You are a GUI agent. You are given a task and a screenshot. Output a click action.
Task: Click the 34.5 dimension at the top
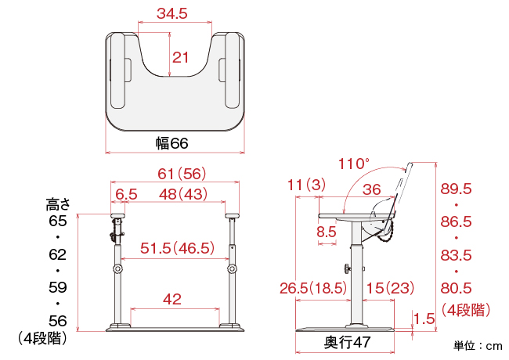[x=172, y=13]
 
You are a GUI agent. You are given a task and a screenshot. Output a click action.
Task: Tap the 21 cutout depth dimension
[x=180, y=58]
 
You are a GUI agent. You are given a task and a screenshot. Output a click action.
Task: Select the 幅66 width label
[x=171, y=143]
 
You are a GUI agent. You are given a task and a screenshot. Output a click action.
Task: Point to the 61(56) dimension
[x=182, y=174]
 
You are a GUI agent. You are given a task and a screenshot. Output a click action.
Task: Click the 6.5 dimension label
[x=126, y=194]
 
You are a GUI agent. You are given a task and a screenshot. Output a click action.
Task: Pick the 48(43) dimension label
[x=183, y=194]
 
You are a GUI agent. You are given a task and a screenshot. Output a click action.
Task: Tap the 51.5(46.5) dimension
[x=177, y=248]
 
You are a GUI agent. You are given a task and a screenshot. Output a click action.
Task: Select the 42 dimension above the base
[x=172, y=299]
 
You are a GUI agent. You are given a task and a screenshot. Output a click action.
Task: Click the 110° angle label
[x=354, y=164]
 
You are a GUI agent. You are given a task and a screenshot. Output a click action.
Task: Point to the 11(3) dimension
[x=306, y=185]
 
